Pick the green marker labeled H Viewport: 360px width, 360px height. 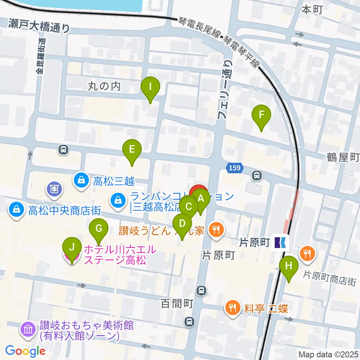tap(288, 267)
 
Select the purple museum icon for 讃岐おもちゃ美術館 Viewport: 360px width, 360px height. tap(28, 330)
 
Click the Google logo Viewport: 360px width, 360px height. tap(25, 351)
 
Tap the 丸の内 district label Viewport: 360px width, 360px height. tap(104, 86)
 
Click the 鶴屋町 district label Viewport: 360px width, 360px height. tap(343, 157)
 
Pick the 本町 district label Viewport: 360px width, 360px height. tap(312, 10)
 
